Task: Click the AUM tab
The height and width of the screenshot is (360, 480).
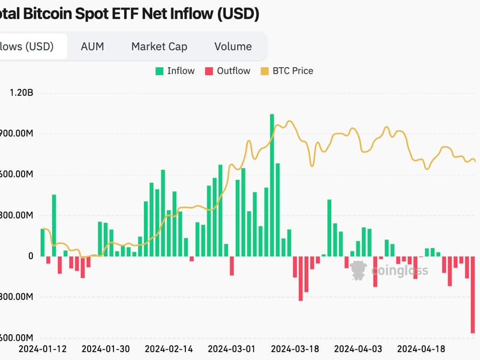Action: coord(93,46)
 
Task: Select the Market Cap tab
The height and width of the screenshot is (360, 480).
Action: coord(159,46)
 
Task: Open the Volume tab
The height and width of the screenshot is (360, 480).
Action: coord(233,46)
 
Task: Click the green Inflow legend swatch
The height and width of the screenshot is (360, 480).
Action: coord(160,71)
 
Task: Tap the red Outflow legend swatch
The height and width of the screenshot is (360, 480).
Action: coord(209,71)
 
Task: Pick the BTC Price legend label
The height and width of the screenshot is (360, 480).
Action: coord(293,71)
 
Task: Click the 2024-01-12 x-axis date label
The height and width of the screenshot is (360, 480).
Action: coord(43,349)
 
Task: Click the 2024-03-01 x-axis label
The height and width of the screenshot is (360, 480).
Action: coord(232,349)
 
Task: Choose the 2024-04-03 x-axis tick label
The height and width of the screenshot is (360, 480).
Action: coord(358,349)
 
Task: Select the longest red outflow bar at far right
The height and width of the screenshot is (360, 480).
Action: coord(473,295)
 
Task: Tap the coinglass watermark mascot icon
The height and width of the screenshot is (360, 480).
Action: coord(359,270)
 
